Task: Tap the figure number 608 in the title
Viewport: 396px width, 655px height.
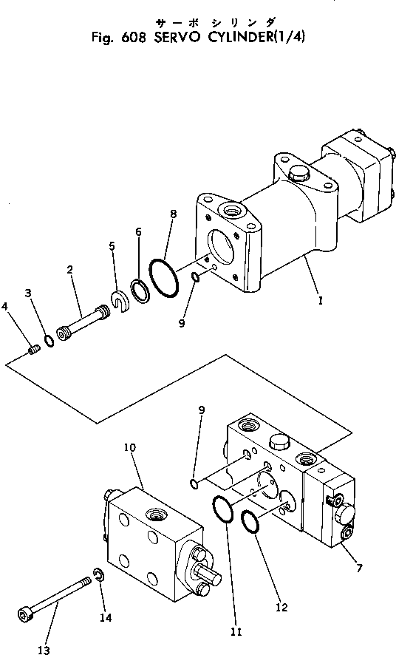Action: (134, 38)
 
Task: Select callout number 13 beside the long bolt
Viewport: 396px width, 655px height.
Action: (44, 650)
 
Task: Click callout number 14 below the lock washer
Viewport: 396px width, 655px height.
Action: (106, 618)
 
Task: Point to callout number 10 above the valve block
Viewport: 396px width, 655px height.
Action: (130, 447)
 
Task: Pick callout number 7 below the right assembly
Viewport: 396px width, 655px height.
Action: (359, 567)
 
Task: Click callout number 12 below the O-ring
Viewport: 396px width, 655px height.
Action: (282, 607)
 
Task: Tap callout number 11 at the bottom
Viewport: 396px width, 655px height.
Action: (236, 632)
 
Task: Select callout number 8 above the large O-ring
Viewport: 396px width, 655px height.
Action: (173, 214)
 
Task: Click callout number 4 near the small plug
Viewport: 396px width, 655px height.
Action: (4, 307)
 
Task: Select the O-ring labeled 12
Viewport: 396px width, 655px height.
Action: (251, 522)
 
